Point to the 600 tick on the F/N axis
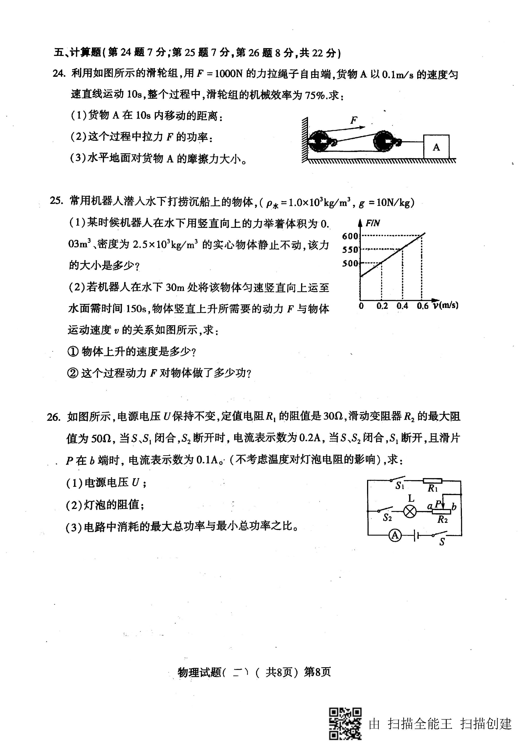[x=350, y=236]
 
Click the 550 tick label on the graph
[x=350, y=250]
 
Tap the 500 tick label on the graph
[x=350, y=263]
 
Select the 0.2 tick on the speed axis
[x=382, y=306]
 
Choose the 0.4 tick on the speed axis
[x=402, y=306]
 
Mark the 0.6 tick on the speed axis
[x=423, y=306]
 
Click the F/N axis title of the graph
[x=373, y=223]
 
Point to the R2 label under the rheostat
[x=442, y=519]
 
